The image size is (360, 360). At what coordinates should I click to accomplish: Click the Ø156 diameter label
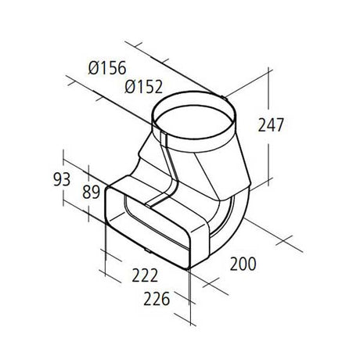point(107,68)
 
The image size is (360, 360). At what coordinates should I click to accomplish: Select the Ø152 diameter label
point(144,87)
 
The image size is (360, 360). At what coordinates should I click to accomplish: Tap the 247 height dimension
point(271,125)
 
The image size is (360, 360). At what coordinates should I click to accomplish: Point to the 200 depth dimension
point(243,264)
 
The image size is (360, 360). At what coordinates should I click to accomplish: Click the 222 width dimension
point(145,275)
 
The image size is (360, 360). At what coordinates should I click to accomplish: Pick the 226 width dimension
point(157,299)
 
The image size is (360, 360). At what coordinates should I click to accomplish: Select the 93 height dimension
point(62,179)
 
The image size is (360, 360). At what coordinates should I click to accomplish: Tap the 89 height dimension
point(91,193)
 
